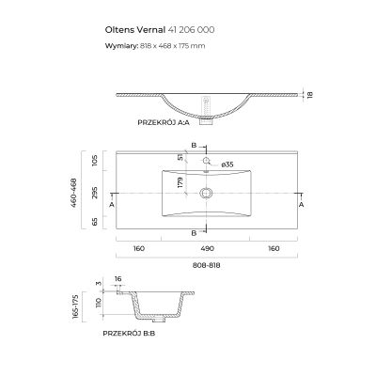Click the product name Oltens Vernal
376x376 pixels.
[135, 30]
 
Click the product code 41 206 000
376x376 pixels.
[191, 30]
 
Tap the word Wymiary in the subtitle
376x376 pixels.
[121, 46]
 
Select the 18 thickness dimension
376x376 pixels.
[310, 94]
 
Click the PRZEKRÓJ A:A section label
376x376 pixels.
[164, 122]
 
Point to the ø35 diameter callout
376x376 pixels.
[227, 164]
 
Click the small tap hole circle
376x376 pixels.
[206, 161]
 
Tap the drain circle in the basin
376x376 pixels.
[206, 193]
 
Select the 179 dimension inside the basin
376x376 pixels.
[180, 182]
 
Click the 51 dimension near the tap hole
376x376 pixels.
[180, 157]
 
